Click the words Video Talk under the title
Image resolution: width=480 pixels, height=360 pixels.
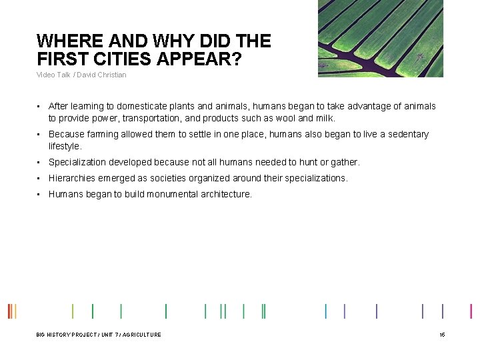point(53,75)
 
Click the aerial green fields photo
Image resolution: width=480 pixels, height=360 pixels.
point(380,38)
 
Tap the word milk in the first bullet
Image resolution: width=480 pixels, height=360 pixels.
point(324,118)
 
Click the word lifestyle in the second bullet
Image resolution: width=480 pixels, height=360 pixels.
point(64,146)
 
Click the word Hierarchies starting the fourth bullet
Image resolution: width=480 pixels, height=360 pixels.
point(72,178)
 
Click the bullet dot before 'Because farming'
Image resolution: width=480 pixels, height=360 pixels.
point(39,134)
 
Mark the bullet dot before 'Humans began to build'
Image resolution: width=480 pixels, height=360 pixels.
point(39,194)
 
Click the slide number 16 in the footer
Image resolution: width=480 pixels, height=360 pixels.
point(441,335)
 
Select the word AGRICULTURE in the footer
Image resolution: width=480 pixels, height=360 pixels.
point(142,335)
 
